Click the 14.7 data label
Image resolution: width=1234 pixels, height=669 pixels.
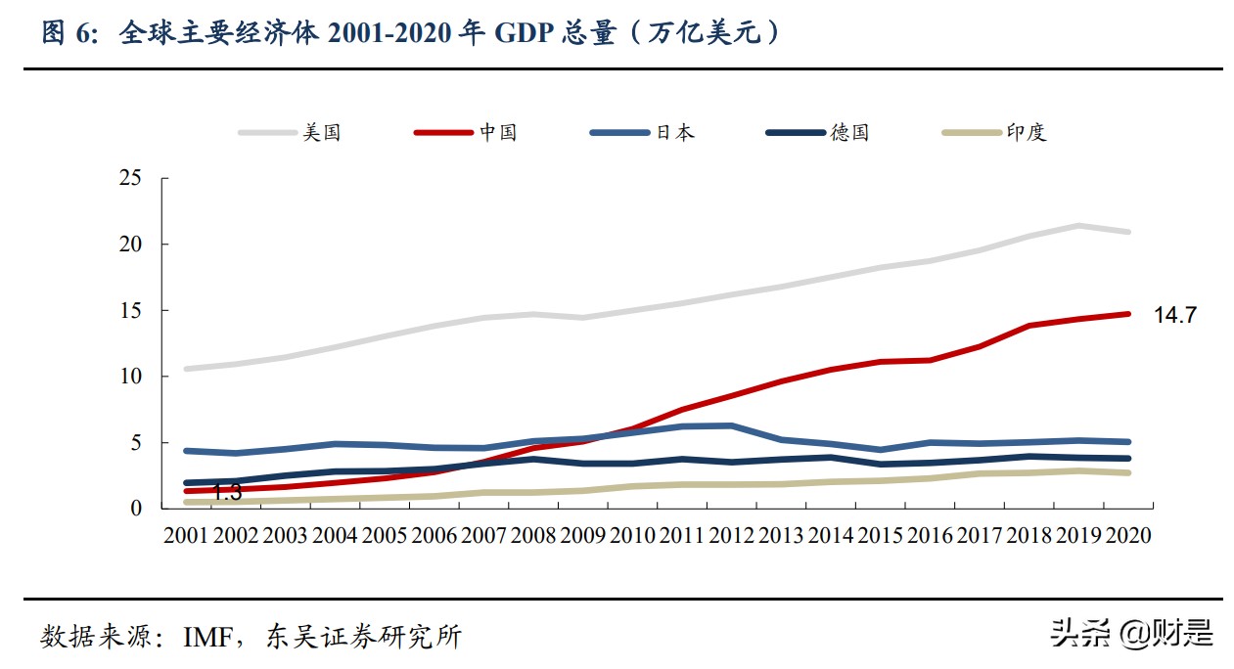[x=1174, y=315]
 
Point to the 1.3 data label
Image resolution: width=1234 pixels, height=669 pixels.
[x=227, y=493]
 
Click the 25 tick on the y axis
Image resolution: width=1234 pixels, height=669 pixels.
[x=129, y=178]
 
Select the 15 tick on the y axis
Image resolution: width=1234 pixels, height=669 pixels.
[x=129, y=310]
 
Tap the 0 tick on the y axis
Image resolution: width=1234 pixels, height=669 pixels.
[x=136, y=509]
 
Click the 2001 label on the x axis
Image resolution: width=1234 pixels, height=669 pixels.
[x=186, y=536]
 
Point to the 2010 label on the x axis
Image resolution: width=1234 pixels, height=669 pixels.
[x=632, y=536]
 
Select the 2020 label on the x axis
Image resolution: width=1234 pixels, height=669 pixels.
[x=1127, y=536]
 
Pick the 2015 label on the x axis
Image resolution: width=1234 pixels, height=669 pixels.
[x=880, y=536]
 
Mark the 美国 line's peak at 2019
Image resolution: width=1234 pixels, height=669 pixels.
[x=1078, y=226]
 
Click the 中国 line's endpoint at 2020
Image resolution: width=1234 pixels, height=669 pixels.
[x=1127, y=314]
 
